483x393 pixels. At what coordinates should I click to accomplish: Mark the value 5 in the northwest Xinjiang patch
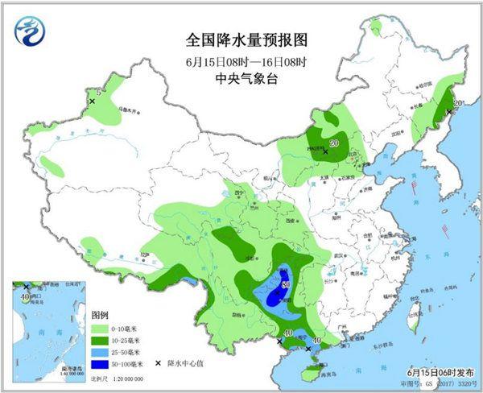pos(98,94)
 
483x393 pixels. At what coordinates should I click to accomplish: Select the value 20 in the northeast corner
pos(456,103)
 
